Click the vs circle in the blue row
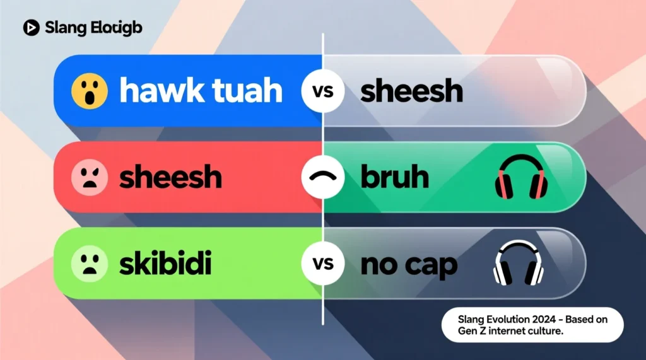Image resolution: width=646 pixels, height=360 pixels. [x=322, y=91]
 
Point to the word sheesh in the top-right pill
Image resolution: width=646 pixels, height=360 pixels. [x=411, y=91]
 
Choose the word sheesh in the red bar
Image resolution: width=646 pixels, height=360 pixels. [x=171, y=177]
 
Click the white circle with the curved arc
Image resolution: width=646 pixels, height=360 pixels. [x=322, y=177]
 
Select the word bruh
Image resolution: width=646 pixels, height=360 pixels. [x=394, y=177]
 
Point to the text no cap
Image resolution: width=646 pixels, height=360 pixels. [x=408, y=265]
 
